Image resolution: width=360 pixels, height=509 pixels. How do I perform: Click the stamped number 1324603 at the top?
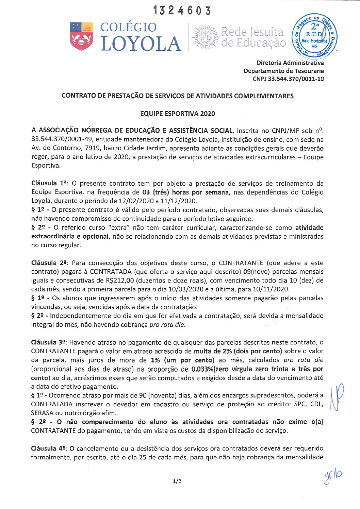(182, 11)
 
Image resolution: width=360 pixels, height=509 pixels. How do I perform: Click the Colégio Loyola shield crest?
(81, 36)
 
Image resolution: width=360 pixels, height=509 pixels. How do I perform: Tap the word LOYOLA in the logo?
(141, 44)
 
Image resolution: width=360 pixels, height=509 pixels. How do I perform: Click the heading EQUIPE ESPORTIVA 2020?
(177, 114)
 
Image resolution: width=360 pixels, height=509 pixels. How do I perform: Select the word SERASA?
(42, 413)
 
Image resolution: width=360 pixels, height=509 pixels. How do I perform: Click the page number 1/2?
(177, 481)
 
